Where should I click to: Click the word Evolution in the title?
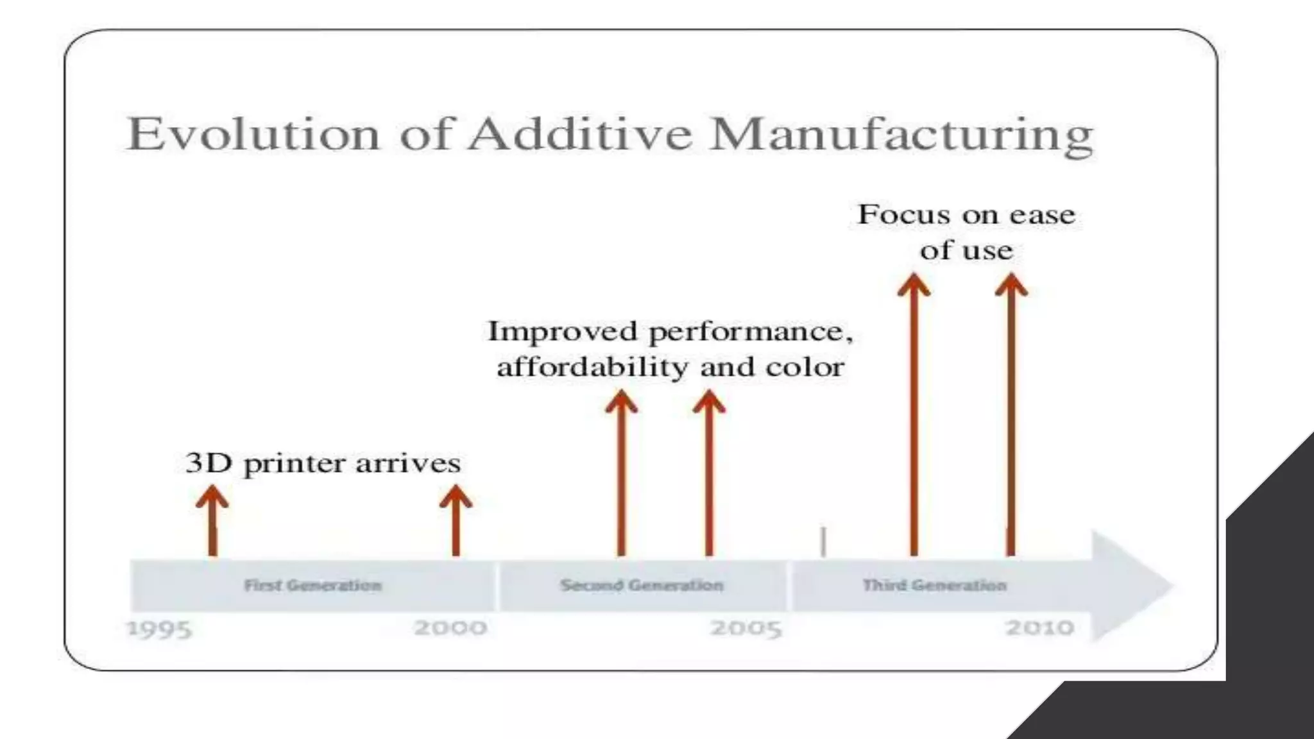[254, 134]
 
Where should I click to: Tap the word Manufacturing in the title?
[901, 135]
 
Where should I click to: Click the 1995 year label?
[160, 629]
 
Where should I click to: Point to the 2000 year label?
[450, 627]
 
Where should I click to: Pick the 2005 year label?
[746, 628]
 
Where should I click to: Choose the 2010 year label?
[1039, 627]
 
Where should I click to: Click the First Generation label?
[313, 585]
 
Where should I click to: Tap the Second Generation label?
[642, 585]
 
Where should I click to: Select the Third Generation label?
[934, 585]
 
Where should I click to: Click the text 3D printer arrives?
[323, 463]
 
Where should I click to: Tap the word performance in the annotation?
[750, 332]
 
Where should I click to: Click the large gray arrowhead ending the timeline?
[1129, 585]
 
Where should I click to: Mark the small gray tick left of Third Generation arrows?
[823, 542]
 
